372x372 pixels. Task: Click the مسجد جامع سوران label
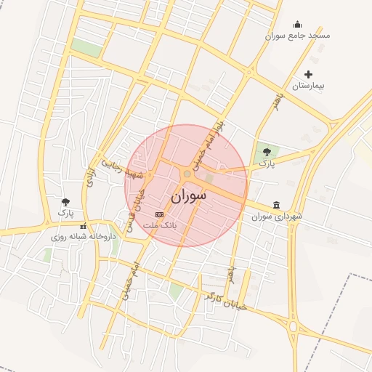point(298,35)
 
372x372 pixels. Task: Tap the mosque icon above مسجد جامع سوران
point(296,24)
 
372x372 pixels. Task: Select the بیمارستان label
point(308,86)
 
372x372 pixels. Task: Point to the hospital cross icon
point(308,74)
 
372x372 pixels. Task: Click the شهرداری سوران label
point(276,217)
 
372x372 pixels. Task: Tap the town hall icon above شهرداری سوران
point(275,206)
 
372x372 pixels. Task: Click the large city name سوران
point(189,196)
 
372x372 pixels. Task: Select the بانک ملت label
point(160,226)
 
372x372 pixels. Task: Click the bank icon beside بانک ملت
point(160,215)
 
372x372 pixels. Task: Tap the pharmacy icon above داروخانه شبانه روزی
point(82,225)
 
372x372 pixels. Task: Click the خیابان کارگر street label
point(226,301)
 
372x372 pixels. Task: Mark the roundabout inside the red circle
point(187,174)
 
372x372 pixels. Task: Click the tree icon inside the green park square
point(267,152)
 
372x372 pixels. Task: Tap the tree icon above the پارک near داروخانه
point(66,202)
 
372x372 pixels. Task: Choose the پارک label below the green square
point(262,166)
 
